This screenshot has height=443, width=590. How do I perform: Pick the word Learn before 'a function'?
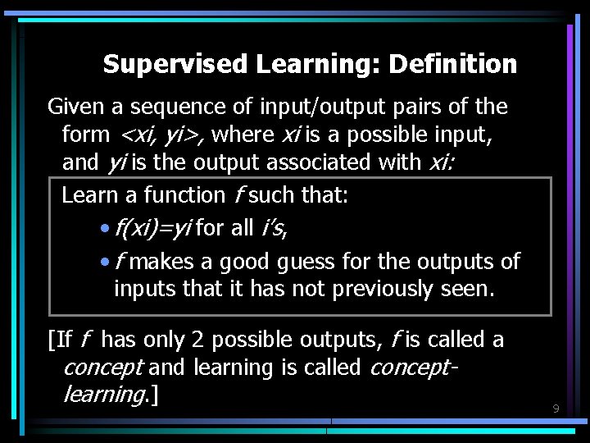coord(85,195)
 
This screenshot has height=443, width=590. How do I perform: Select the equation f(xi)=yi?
coord(153,228)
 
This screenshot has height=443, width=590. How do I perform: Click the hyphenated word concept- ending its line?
coord(413,368)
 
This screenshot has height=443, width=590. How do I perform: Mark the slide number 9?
coord(556,409)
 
